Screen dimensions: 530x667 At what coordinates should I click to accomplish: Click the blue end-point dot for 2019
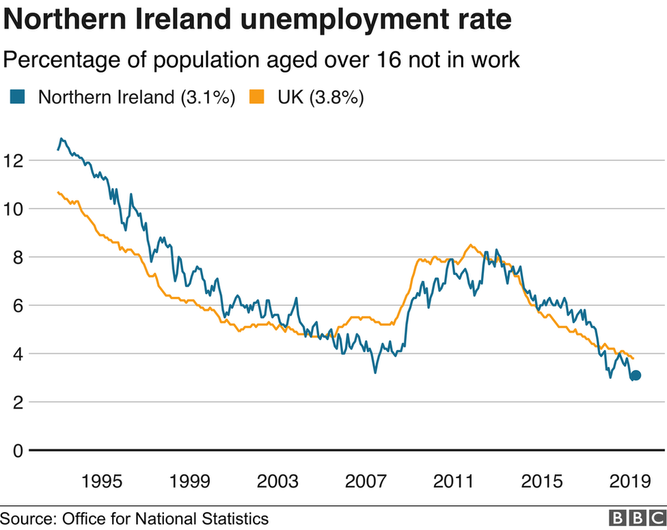pyautogui.click(x=636, y=375)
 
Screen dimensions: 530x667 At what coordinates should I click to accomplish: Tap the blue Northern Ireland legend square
pyautogui.click(x=17, y=97)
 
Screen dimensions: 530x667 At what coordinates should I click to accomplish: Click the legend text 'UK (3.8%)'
pyautogui.click(x=320, y=97)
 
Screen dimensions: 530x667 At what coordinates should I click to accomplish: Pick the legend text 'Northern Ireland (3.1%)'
pyautogui.click(x=137, y=97)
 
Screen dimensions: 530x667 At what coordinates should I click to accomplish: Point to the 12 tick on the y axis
pyautogui.click(x=14, y=161)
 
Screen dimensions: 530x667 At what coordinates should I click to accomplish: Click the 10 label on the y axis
pyautogui.click(x=14, y=209)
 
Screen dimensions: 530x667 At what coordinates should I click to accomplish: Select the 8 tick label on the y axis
pyautogui.click(x=18, y=258)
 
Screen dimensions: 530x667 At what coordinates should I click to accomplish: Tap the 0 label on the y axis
pyautogui.click(x=18, y=451)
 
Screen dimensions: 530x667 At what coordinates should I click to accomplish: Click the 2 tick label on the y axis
pyautogui.click(x=18, y=403)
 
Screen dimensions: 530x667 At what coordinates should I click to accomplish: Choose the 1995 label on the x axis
pyautogui.click(x=102, y=481)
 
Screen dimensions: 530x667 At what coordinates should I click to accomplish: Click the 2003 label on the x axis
pyautogui.click(x=277, y=481)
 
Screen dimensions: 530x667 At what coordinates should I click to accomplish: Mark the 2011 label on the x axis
pyautogui.click(x=454, y=481)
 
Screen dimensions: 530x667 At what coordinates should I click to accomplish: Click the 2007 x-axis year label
pyautogui.click(x=366, y=481)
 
